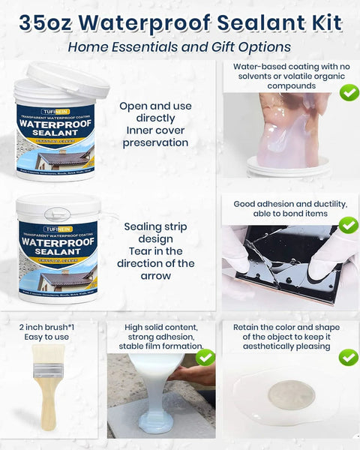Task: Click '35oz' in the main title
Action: point(46,22)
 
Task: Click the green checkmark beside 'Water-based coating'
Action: point(349,92)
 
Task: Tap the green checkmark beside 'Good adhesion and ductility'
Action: point(349,225)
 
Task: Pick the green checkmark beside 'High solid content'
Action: point(205,358)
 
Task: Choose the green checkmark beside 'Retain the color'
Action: point(349,357)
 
